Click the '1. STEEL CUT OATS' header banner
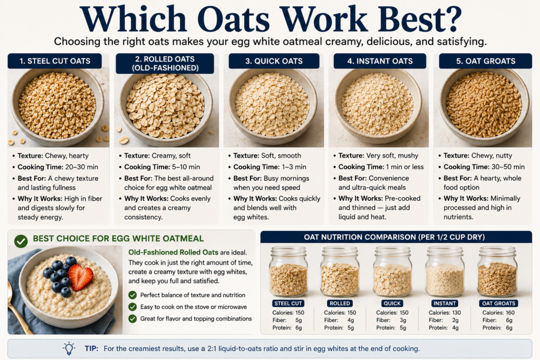point(55,61)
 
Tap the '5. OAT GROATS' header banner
point(486,61)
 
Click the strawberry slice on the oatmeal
point(81,276)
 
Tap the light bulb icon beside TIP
point(69,348)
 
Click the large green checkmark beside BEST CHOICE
point(21,241)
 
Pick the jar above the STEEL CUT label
point(288,272)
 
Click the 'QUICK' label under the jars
point(392,303)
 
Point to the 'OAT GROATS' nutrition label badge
point(498,303)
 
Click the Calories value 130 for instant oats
point(456,313)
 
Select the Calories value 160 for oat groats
point(510,313)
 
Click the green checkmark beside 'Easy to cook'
point(132,307)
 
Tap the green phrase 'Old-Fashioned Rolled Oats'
point(173,252)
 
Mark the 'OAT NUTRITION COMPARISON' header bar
point(396,237)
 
